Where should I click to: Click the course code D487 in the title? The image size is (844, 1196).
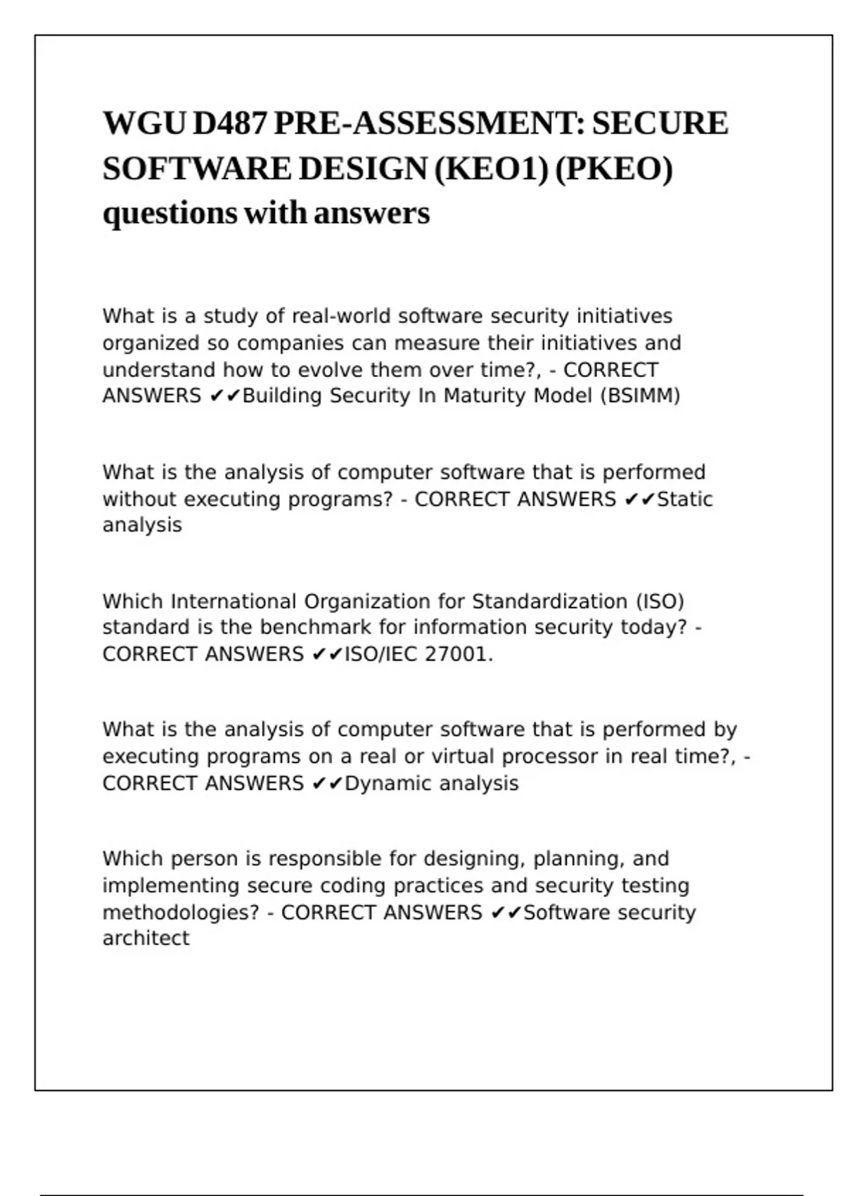point(230,124)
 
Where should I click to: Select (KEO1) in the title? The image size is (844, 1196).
point(492,169)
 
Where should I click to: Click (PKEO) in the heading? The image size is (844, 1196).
point(613,169)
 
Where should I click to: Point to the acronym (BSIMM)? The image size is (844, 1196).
point(640,396)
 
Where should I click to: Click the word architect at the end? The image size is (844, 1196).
point(146,939)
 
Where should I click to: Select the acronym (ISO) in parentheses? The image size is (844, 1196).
point(660,602)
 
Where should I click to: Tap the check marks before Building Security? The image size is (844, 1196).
point(225,396)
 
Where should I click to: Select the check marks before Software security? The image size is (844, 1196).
point(506,913)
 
